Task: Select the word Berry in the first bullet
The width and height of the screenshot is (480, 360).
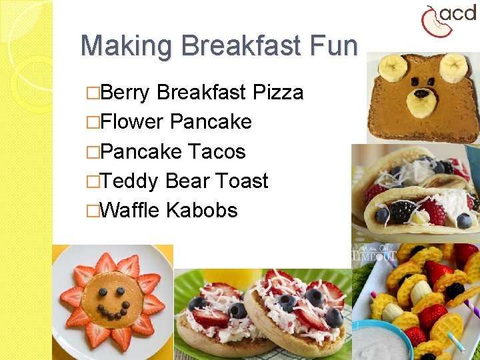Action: pos(126,92)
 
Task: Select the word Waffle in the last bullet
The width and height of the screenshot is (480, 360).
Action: pos(130,210)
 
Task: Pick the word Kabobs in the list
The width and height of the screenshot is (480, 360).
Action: pos(202,210)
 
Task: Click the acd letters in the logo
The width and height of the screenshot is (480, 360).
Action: pos(459,14)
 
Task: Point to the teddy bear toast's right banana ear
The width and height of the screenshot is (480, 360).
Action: pos(454,67)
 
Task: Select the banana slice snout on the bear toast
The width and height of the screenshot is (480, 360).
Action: pos(422,107)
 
